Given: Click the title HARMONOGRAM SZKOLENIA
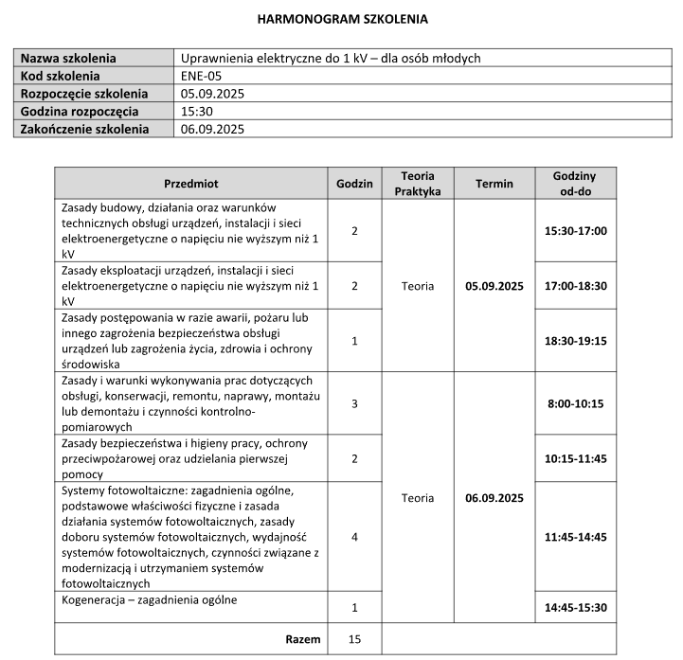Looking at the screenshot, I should [x=342, y=18].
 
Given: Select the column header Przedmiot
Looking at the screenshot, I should [x=190, y=183].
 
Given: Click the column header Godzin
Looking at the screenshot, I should [x=354, y=183].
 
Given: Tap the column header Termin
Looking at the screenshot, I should [x=494, y=183].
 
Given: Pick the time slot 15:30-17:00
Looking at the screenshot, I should [x=575, y=230].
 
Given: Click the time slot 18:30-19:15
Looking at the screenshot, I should [x=575, y=340].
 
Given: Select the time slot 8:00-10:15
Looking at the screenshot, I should [x=575, y=403].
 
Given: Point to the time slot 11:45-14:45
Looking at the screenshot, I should [x=575, y=537].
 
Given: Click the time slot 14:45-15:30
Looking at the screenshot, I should [x=575, y=607].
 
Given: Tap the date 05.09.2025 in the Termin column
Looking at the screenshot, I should [x=494, y=285].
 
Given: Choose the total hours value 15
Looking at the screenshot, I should [x=354, y=639].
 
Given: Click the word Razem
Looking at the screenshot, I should [x=303, y=639].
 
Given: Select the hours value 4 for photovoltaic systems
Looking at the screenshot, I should [x=354, y=537].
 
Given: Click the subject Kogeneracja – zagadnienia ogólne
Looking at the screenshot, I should [x=150, y=599].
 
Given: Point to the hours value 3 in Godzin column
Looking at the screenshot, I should [x=354, y=403].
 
